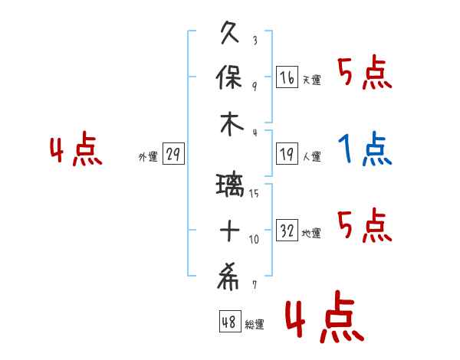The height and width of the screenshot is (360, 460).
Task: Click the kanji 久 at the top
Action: pos(231,34)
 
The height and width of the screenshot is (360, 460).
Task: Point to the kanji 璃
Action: pos(231,185)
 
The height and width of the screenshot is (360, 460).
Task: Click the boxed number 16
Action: pos(287,78)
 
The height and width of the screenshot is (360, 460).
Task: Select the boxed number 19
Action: pos(287,155)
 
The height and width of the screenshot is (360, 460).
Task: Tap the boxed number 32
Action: pos(287,231)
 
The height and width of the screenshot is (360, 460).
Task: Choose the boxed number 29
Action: pos(173,155)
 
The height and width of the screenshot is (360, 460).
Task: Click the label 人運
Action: pos(311,157)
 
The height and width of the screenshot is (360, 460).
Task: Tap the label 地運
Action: pos(311,233)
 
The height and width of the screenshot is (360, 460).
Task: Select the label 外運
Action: pos(148,157)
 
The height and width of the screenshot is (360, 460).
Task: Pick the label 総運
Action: pos(255,324)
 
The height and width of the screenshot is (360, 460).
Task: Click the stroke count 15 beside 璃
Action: pos(254,194)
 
